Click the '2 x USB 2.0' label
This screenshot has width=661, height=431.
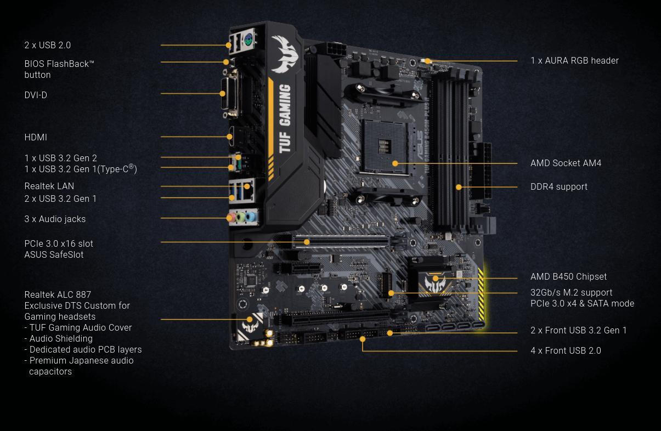click(48, 46)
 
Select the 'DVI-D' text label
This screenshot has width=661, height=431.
click(36, 95)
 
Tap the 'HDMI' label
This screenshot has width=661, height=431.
click(36, 138)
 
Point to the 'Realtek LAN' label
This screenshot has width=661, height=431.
click(49, 186)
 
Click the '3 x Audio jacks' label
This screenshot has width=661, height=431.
click(55, 219)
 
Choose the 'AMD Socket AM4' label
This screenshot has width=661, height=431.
click(566, 163)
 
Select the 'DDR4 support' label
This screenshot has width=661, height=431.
click(558, 187)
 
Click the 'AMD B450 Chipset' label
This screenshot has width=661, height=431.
click(568, 277)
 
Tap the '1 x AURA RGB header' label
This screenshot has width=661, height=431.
click(574, 61)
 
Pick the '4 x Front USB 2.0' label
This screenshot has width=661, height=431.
click(566, 351)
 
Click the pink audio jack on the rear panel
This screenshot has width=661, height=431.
click(232, 218)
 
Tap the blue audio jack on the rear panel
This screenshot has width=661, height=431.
click(251, 217)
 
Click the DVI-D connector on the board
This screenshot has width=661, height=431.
click(231, 96)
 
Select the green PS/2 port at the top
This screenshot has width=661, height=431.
click(247, 39)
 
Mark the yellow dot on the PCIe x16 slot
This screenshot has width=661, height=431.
click(307, 242)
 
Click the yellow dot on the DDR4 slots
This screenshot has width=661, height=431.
click(459, 187)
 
